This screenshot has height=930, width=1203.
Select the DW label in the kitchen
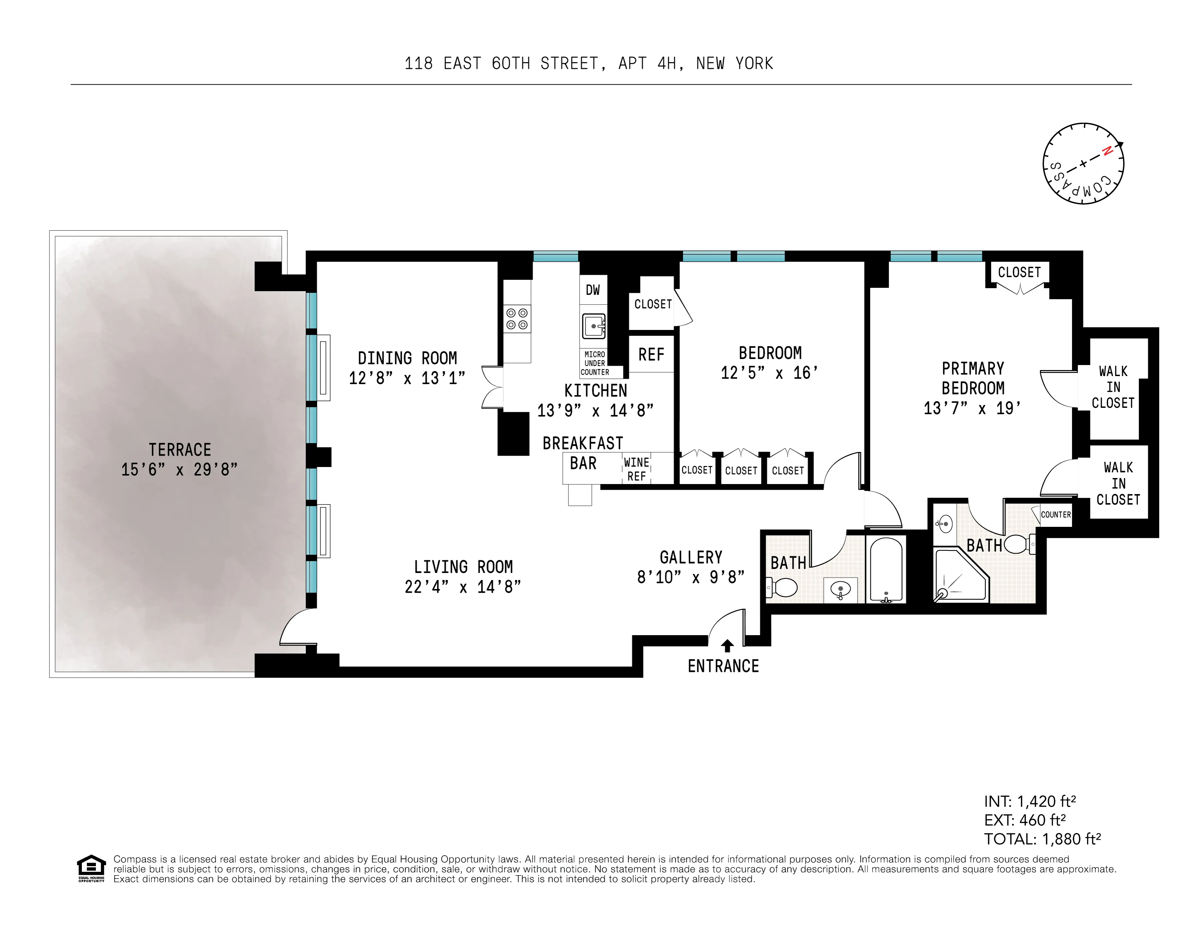click(x=593, y=290)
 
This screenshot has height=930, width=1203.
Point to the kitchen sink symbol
click(x=594, y=326)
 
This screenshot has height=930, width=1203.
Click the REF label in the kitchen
click(x=651, y=354)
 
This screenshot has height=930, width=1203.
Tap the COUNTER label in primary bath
click(x=1055, y=514)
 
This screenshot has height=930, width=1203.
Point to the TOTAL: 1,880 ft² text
click(x=1042, y=839)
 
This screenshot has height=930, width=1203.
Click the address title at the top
click(x=588, y=64)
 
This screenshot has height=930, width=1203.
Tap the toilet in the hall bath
click(x=782, y=588)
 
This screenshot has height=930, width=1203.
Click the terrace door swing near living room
click(x=297, y=628)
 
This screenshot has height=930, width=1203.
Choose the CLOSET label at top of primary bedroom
click(x=1019, y=272)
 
